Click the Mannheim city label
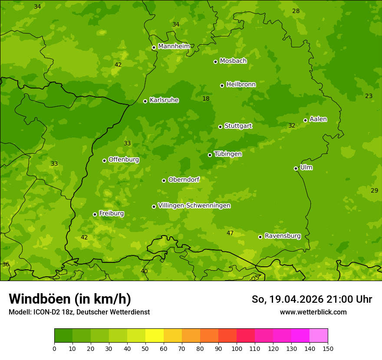pyautogui.click(x=174, y=46)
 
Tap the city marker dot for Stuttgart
pyautogui.click(x=220, y=127)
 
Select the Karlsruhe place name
pyautogui.click(x=164, y=100)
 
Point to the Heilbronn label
pyautogui.click(x=241, y=85)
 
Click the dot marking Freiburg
pyautogui.click(x=95, y=214)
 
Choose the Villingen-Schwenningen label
pyautogui.click(x=194, y=206)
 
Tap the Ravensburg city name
pyautogui.click(x=283, y=236)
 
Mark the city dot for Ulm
pyautogui.click(x=296, y=168)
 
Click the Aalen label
pyautogui.click(x=318, y=119)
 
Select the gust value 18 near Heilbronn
pyautogui.click(x=206, y=99)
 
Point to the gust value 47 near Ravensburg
pyautogui.click(x=230, y=233)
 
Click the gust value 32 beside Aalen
pyautogui.click(x=292, y=126)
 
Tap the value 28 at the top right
pyautogui.click(x=296, y=11)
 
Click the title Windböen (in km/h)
pyautogui.click(x=70, y=299)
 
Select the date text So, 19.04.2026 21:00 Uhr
pyautogui.click(x=312, y=299)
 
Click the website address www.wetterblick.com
pyautogui.click(x=313, y=312)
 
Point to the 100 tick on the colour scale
pyautogui.click(x=237, y=348)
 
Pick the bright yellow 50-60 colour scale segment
pyautogui.click(x=155, y=336)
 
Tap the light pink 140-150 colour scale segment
pyautogui.click(x=319, y=336)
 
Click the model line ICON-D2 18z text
pyautogui.click(x=79, y=312)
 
